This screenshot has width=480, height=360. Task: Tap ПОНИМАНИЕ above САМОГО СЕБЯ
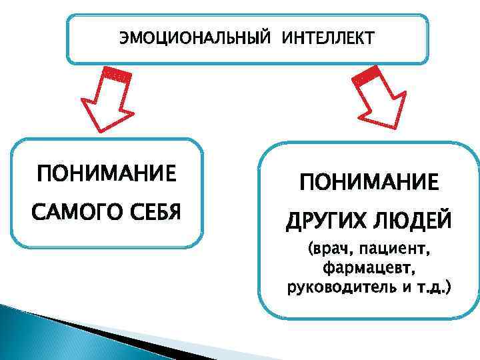click(x=107, y=175)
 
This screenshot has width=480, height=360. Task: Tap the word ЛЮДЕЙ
click(x=415, y=219)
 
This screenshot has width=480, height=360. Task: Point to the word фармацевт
click(x=368, y=269)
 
